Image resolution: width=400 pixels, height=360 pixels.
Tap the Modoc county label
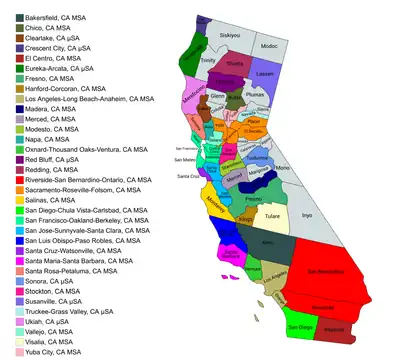coord(269,46)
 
